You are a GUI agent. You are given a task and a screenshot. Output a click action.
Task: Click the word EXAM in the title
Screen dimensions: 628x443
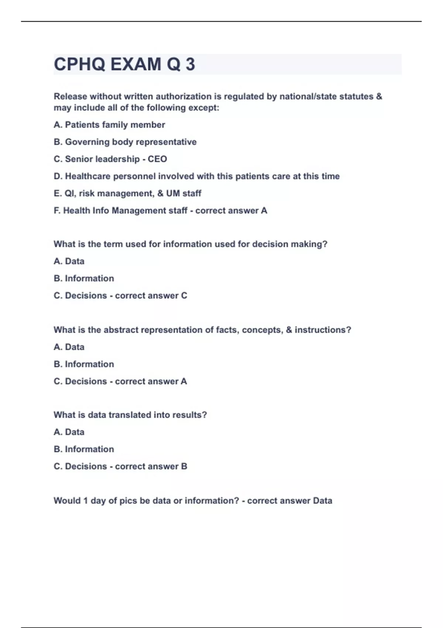(x=135, y=64)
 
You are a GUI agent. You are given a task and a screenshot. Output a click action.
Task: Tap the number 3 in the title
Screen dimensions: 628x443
(x=190, y=64)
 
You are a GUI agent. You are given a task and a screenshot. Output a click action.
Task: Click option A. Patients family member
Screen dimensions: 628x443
(x=109, y=125)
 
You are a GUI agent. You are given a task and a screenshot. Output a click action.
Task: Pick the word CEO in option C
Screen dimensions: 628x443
(x=157, y=159)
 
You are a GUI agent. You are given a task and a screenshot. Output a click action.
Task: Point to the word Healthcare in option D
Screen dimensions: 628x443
(x=87, y=176)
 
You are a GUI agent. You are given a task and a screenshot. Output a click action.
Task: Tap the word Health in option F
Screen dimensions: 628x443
(x=76, y=211)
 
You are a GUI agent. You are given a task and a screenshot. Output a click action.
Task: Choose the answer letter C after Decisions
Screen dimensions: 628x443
(x=184, y=296)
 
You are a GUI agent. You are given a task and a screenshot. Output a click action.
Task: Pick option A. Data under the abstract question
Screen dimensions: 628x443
(x=69, y=347)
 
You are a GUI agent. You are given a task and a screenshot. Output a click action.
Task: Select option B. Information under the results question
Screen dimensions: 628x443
(x=84, y=449)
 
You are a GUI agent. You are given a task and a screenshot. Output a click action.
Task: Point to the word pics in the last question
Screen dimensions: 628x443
(x=128, y=501)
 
